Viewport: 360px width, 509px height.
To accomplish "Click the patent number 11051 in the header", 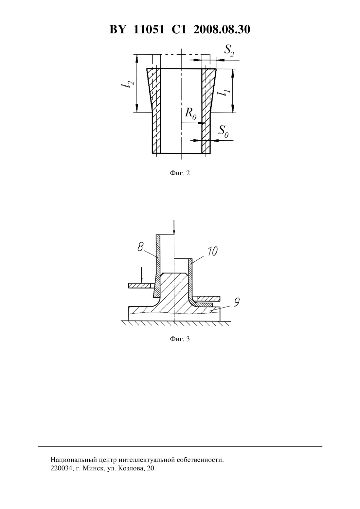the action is (x=149, y=29).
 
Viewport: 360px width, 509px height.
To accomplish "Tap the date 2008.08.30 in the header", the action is (x=222, y=29).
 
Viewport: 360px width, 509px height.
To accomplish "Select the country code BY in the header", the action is (x=117, y=29).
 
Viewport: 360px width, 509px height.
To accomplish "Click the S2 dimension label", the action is (x=229, y=50).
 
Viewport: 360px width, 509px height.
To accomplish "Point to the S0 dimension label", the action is (x=223, y=132).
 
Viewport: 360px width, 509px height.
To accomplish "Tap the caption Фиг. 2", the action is (x=180, y=173).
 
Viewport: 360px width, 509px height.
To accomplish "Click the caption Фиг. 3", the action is (x=180, y=339).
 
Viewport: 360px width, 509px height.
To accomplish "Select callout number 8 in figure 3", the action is (x=140, y=247).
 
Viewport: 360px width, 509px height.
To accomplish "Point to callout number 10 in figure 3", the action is (x=212, y=251).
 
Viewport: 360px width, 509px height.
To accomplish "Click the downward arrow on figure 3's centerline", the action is (x=174, y=227).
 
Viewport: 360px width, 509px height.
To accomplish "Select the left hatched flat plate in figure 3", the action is (x=140, y=285).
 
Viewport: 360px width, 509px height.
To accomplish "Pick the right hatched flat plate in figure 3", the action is (x=209, y=298).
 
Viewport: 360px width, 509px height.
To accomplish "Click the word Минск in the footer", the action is (x=91, y=468).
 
